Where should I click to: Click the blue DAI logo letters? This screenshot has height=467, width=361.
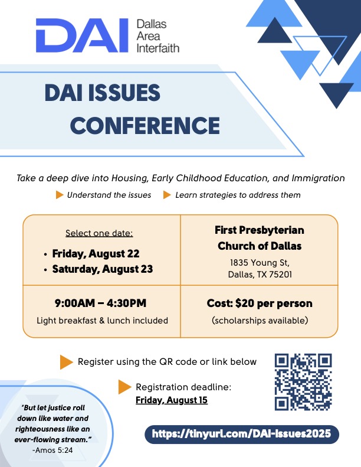pos(82,35)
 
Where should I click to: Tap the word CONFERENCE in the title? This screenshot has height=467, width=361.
pos(145,126)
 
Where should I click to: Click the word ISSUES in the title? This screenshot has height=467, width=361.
pos(124,93)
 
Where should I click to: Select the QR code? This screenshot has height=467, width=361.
pos(303,382)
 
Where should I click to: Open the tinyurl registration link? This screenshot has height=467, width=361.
pos(241,433)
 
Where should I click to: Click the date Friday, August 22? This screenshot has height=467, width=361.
pos(96,254)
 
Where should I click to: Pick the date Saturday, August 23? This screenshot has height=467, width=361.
pos(103,269)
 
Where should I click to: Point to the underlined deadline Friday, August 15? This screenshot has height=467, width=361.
pos(172,400)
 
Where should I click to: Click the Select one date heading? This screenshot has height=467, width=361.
pos(99,233)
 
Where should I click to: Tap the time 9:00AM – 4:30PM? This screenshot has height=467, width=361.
pos(101,303)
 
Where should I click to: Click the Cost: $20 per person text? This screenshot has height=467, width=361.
pos(260,303)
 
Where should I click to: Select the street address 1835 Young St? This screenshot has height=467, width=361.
pos(260,262)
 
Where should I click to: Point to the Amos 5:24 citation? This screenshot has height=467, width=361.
pos(52,450)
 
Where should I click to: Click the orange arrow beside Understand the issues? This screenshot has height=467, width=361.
pos(59,195)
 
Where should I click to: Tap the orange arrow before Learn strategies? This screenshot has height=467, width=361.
pos(167,195)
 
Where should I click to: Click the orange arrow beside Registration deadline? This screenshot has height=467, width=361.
pos(124,387)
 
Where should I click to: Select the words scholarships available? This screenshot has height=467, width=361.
pos(260,321)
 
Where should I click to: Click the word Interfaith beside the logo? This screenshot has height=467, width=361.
pos(157,48)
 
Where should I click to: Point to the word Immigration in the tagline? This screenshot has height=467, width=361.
pos(318,178)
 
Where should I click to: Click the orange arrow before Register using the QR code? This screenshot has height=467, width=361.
pos(66,362)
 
